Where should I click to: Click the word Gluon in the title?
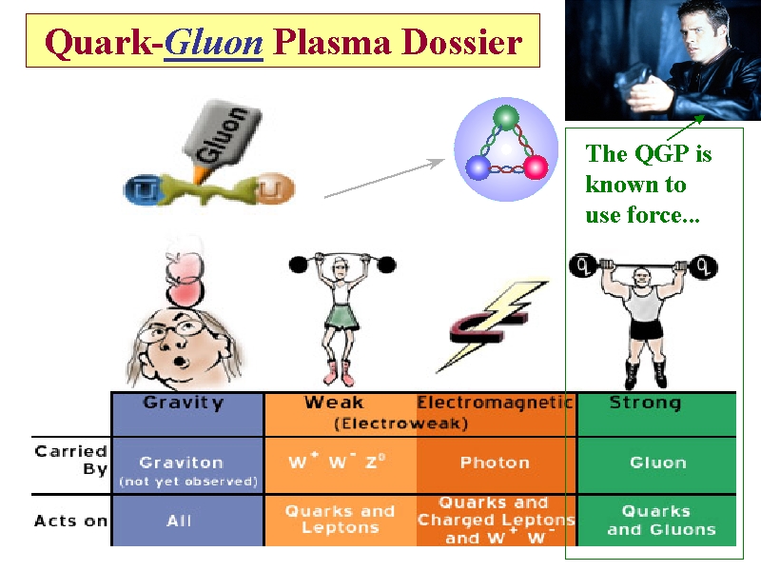213,42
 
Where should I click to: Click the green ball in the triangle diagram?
506,118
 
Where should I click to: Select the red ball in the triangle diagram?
536,168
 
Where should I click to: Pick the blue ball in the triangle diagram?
478,168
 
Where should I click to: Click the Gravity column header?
185,403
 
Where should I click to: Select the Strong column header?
645,403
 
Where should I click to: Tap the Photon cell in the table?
495,463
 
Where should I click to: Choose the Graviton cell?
181,463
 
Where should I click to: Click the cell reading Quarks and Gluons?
656,521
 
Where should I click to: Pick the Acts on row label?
70,521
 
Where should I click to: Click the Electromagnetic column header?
495,403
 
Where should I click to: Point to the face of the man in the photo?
699,29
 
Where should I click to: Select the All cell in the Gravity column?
179,521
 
